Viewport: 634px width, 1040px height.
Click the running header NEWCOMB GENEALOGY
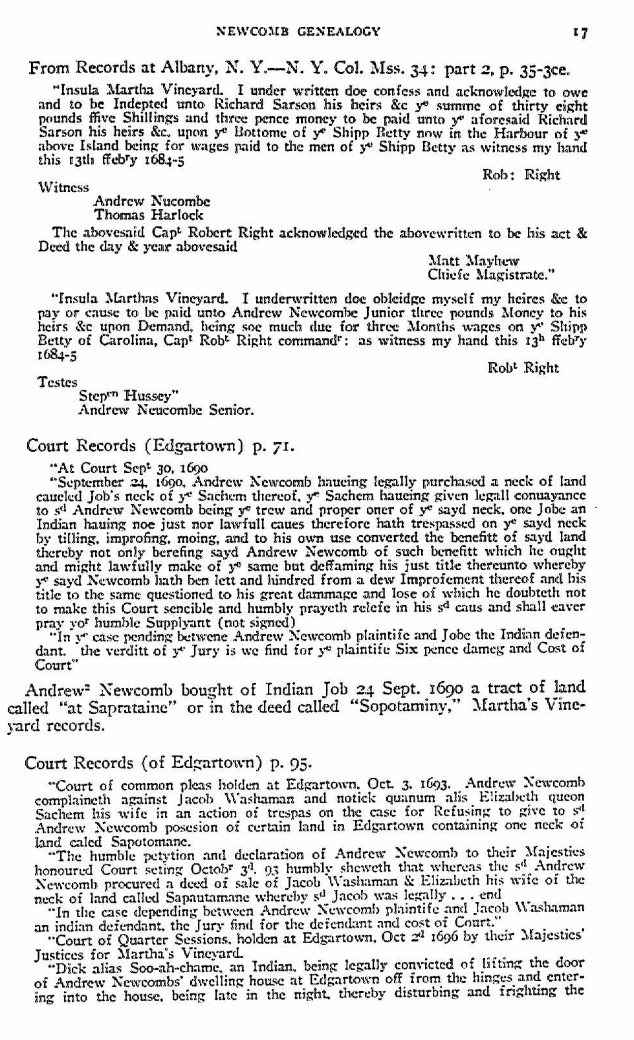click(298, 31)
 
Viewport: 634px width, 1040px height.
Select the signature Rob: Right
click(521, 175)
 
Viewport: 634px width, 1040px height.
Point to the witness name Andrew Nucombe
click(152, 201)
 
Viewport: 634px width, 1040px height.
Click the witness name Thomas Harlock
click(148, 215)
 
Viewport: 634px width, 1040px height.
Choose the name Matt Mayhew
click(474, 261)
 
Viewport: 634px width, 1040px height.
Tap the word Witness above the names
click(63, 188)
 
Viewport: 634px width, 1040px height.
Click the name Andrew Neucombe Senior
click(166, 410)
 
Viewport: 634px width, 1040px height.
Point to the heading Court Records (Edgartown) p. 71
click(160, 445)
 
